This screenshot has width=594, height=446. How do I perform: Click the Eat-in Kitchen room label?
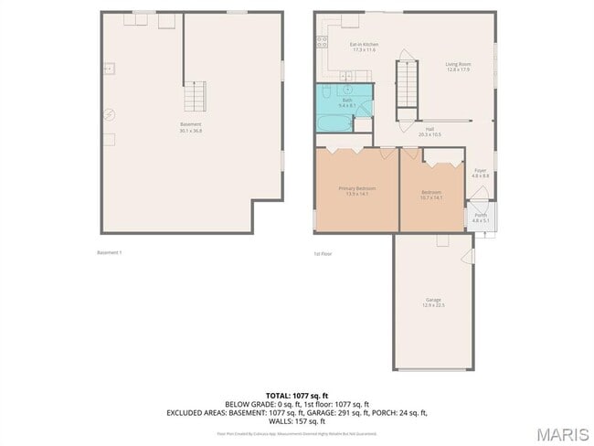pos(364,44)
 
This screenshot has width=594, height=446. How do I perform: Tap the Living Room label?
pos(458,63)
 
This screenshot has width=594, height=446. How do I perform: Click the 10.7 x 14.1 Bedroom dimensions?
pos(431,196)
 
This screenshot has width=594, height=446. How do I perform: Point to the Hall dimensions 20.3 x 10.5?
pos(430,134)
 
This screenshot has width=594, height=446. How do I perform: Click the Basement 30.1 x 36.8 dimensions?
pos(190,131)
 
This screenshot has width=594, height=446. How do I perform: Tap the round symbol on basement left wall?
pos(107,114)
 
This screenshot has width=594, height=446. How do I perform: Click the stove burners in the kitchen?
pos(322,41)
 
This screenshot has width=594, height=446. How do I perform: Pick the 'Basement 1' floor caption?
pos(109,252)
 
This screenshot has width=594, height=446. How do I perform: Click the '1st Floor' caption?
pos(322,253)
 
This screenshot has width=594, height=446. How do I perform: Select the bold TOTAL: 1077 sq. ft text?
pos(296,396)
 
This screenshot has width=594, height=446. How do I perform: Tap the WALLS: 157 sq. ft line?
pos(296,421)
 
